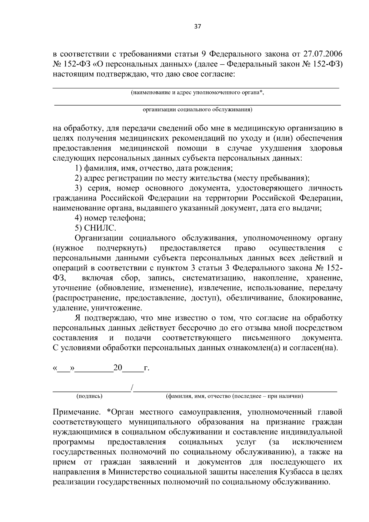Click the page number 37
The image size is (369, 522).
pyautogui.click(x=197, y=26)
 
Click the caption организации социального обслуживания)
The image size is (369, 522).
pyautogui.click(x=197, y=110)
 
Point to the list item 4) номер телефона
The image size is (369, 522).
pyautogui.click(x=110, y=218)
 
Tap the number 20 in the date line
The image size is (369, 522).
pyautogui.click(x=118, y=368)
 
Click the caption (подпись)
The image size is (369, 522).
pyautogui.click(x=89, y=396)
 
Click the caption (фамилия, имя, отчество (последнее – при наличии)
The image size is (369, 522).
pyautogui.click(x=234, y=396)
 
